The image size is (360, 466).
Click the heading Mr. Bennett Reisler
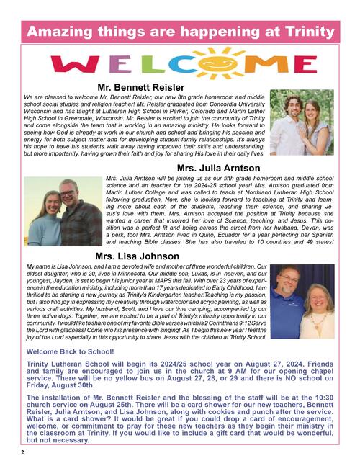coord(179,87)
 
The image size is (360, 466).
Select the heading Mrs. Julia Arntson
coord(218,169)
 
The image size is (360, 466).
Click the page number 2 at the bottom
coord(22,452)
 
